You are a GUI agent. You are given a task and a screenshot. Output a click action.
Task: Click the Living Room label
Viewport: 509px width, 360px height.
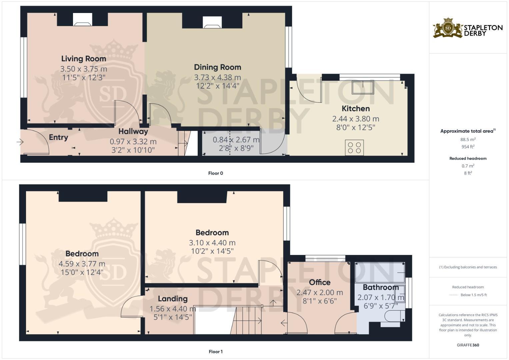click(x=83, y=59)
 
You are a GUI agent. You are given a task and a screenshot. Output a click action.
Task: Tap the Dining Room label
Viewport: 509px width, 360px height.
click(x=217, y=67)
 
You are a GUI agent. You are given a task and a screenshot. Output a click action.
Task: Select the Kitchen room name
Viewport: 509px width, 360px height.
click(x=356, y=108)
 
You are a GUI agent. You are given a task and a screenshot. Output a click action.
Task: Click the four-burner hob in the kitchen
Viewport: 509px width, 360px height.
click(x=354, y=148)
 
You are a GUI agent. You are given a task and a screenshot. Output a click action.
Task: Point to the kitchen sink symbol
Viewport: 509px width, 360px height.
click(x=363, y=87)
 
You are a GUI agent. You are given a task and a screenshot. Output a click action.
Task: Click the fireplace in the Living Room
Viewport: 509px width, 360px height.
click(x=82, y=20)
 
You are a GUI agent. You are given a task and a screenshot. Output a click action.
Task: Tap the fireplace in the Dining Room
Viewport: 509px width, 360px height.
click(x=212, y=22)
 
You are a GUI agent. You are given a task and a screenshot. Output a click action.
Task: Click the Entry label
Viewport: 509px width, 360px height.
click(x=58, y=137)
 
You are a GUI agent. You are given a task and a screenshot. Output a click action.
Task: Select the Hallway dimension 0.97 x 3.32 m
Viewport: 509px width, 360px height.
click(x=133, y=142)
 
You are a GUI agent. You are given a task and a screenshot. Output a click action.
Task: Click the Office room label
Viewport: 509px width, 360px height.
click(x=319, y=282)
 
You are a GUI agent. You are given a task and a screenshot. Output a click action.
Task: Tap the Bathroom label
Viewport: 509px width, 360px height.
click(x=380, y=287)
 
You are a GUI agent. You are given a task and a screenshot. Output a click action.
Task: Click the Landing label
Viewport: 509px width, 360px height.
click(x=172, y=299)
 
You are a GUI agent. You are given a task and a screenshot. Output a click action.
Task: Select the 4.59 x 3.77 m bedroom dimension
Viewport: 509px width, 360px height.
click(x=82, y=264)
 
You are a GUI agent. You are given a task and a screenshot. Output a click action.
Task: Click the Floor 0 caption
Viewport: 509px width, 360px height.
click(x=215, y=173)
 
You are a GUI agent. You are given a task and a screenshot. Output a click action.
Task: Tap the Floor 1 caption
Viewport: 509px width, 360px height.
click(x=215, y=351)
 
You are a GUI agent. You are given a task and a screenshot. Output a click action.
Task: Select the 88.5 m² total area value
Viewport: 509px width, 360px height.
click(x=468, y=139)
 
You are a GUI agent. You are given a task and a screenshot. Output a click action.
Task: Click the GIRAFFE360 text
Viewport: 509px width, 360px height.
click(x=468, y=345)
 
